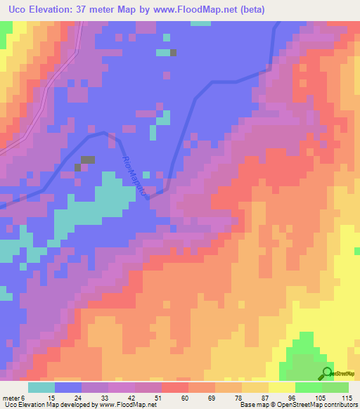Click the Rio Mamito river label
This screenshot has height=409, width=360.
(x=136, y=178)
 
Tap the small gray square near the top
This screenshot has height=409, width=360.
(x=174, y=52)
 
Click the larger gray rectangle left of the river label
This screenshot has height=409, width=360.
(x=88, y=160)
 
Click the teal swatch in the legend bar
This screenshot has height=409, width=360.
(x=41, y=387)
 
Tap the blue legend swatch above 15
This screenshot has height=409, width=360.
(x=68, y=387)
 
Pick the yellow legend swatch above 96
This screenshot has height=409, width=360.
(x=282, y=387)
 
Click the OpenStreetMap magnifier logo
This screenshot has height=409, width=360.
(x=327, y=373)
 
